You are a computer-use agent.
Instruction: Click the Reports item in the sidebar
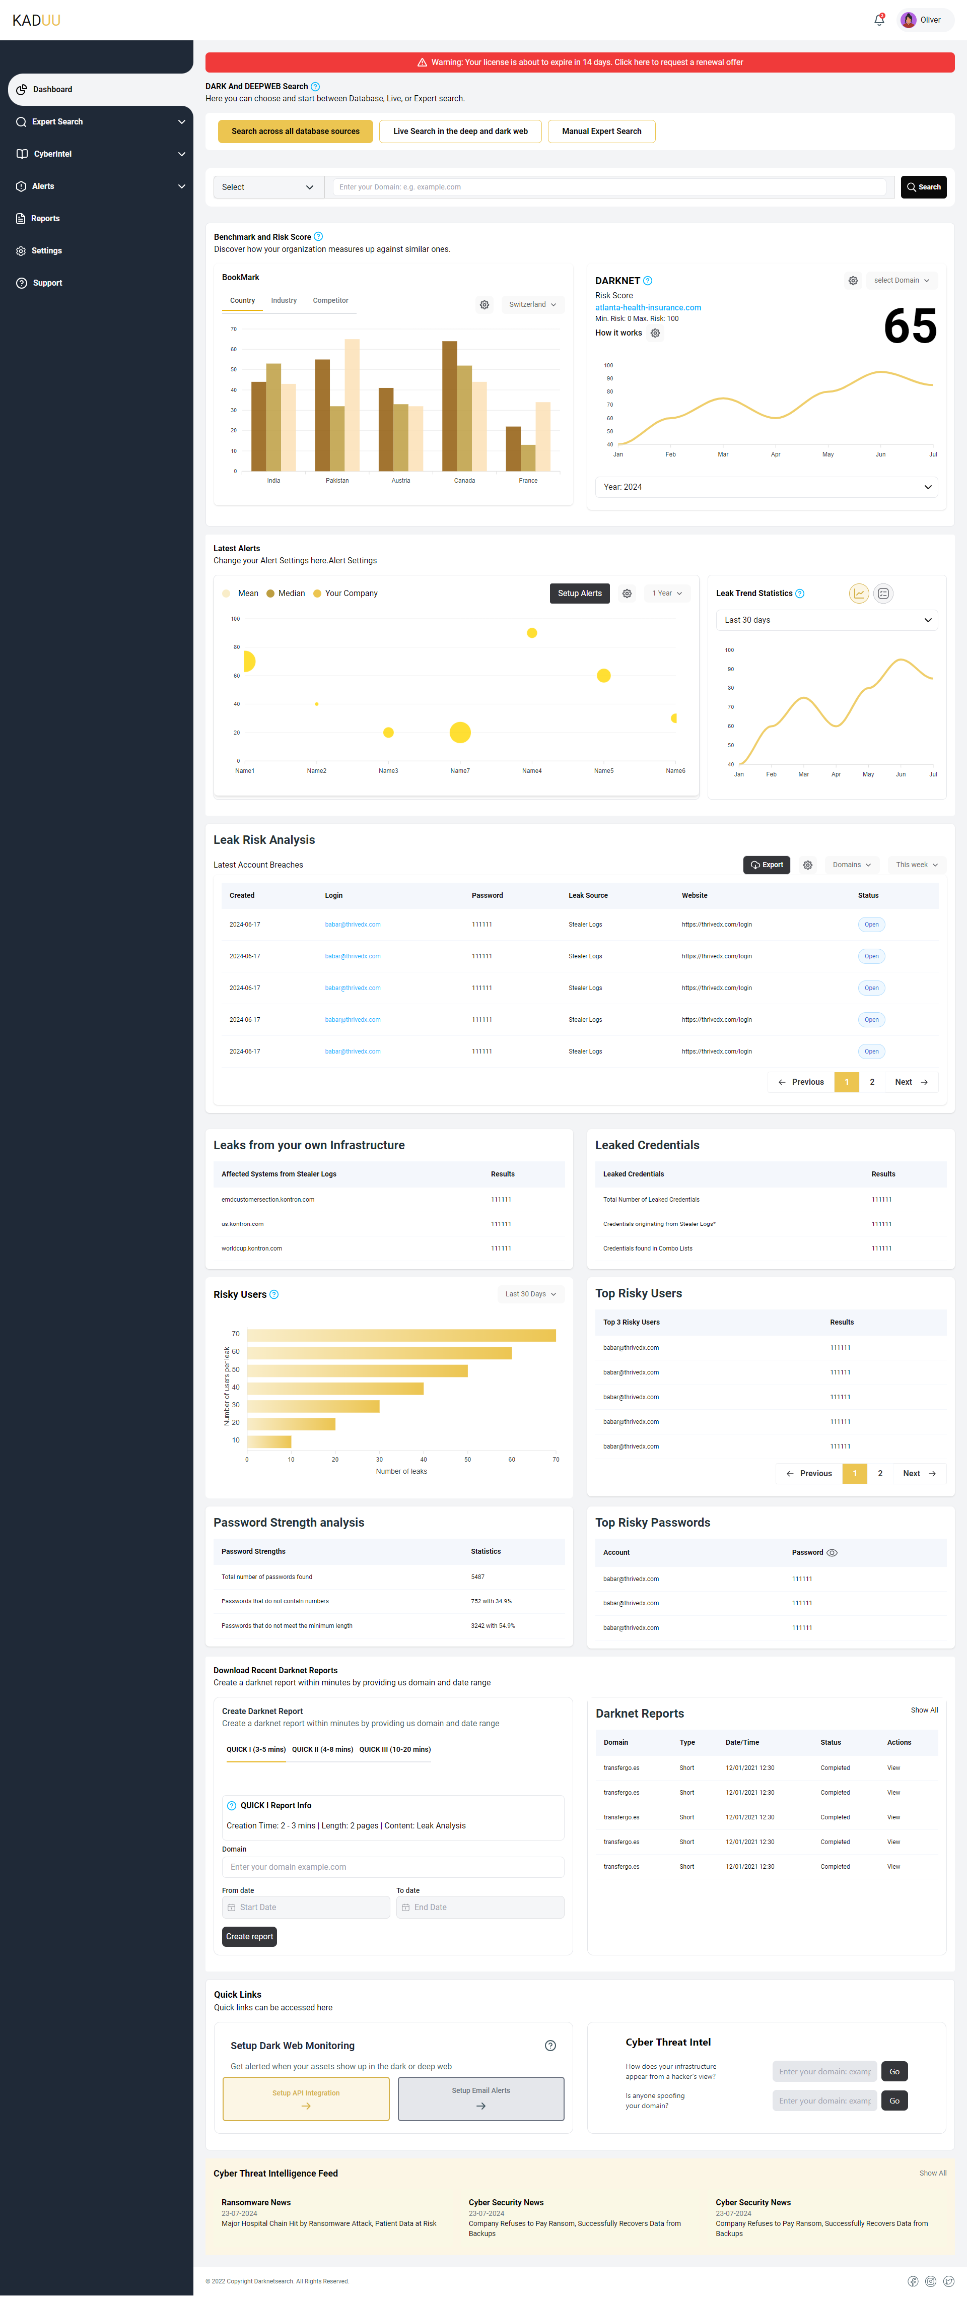(x=45, y=219)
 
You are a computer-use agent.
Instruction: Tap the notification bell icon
(x=879, y=20)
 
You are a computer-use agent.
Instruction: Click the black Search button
(x=923, y=187)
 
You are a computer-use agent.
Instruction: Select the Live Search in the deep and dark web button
(x=460, y=131)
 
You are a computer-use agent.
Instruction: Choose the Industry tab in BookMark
(x=284, y=301)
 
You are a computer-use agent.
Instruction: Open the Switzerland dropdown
(x=532, y=304)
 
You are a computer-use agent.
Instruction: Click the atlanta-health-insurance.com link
(x=648, y=308)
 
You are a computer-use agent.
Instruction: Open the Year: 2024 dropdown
(x=766, y=487)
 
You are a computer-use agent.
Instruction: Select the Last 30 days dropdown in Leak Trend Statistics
(x=826, y=620)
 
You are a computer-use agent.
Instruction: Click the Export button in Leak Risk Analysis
(x=766, y=865)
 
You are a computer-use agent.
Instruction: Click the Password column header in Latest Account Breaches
(x=487, y=896)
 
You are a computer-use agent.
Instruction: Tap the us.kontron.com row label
(x=243, y=1224)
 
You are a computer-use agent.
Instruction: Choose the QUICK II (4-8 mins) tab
(x=322, y=1749)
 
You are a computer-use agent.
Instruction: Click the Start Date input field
(x=306, y=1907)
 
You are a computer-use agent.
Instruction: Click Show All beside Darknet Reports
(x=923, y=1710)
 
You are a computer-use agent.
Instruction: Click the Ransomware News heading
(x=256, y=2203)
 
